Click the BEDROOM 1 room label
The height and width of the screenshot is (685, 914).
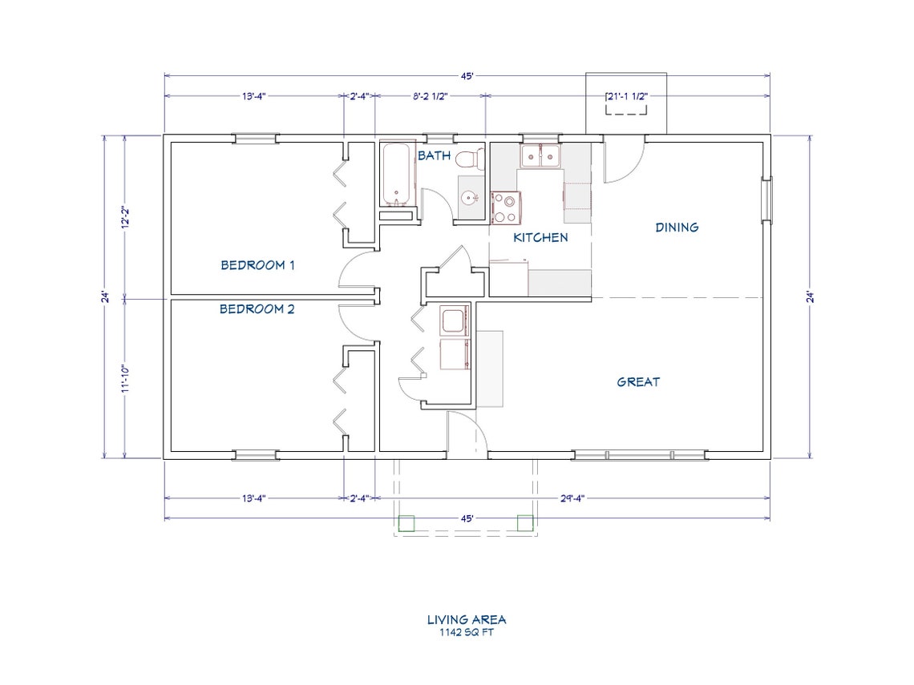[x=257, y=265]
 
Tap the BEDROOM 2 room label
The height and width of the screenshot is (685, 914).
[x=257, y=308]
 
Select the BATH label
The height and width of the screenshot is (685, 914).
[x=434, y=155]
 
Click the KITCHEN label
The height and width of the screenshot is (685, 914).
[x=540, y=237]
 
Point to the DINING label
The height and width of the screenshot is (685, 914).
[x=677, y=228]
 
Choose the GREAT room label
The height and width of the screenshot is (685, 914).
[x=638, y=382]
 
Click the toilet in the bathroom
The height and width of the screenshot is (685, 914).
[x=469, y=159]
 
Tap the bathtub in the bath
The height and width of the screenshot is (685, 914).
[x=395, y=174]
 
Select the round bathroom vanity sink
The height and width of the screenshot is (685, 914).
[x=469, y=197]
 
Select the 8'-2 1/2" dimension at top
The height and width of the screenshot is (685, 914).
[x=430, y=96]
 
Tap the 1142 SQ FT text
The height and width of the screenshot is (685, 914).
[x=466, y=631]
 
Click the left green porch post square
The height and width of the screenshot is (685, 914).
[x=406, y=523]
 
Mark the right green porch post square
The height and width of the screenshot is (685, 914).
[x=524, y=522]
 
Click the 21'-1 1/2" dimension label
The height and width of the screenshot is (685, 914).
[x=625, y=96]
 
